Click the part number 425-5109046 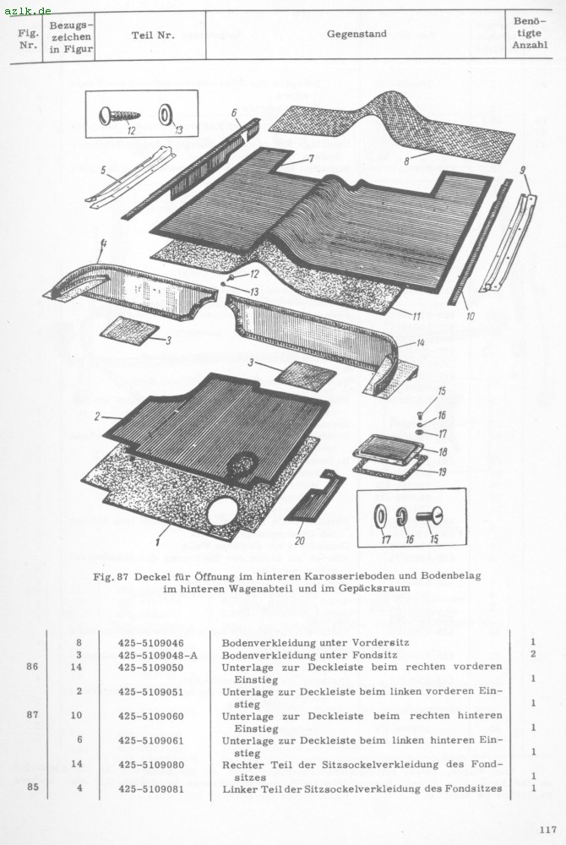pos(150,643)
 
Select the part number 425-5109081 pos(150,789)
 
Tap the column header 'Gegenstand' pos(356,34)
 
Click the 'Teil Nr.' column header pos(153,35)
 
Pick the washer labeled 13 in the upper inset pos(164,115)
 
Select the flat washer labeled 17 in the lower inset pos(379,516)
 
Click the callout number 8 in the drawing pos(407,160)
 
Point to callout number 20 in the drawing pos(299,541)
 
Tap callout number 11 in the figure pos(416,316)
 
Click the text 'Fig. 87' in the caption pos(111,575)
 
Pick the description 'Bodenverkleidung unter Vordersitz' pos(316,643)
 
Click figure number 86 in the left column pos(32,667)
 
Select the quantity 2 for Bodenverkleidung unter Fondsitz pos(532,654)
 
